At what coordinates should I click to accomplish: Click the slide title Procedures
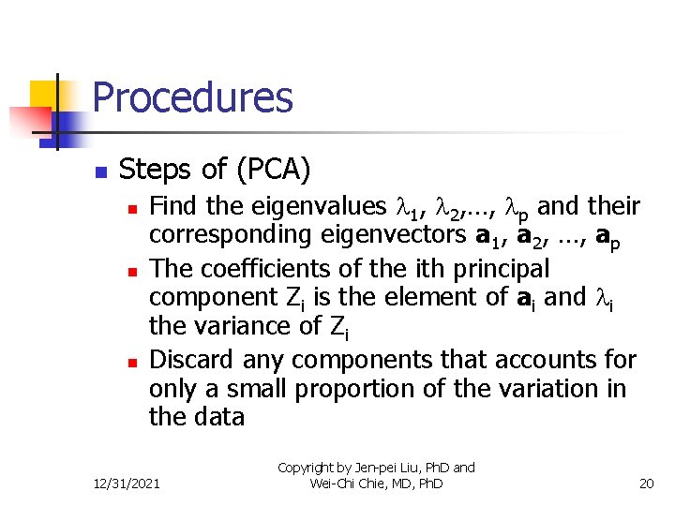[x=193, y=97]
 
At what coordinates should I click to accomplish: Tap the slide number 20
[x=645, y=484]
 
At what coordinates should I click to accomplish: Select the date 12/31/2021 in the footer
[x=127, y=484]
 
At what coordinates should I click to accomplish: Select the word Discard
[x=192, y=359]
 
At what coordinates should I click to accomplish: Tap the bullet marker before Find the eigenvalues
[x=134, y=208]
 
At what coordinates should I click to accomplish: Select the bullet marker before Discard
[x=134, y=362]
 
